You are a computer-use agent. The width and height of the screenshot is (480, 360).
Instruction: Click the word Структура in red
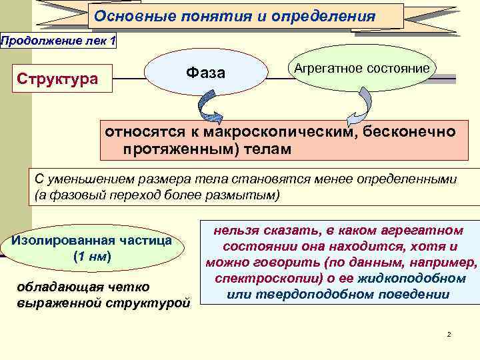(x=57, y=79)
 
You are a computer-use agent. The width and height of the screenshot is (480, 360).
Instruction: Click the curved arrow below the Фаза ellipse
(x=211, y=107)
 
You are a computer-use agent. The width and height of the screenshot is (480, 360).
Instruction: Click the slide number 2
(x=449, y=333)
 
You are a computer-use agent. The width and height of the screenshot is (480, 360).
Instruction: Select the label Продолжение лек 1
(x=59, y=41)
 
